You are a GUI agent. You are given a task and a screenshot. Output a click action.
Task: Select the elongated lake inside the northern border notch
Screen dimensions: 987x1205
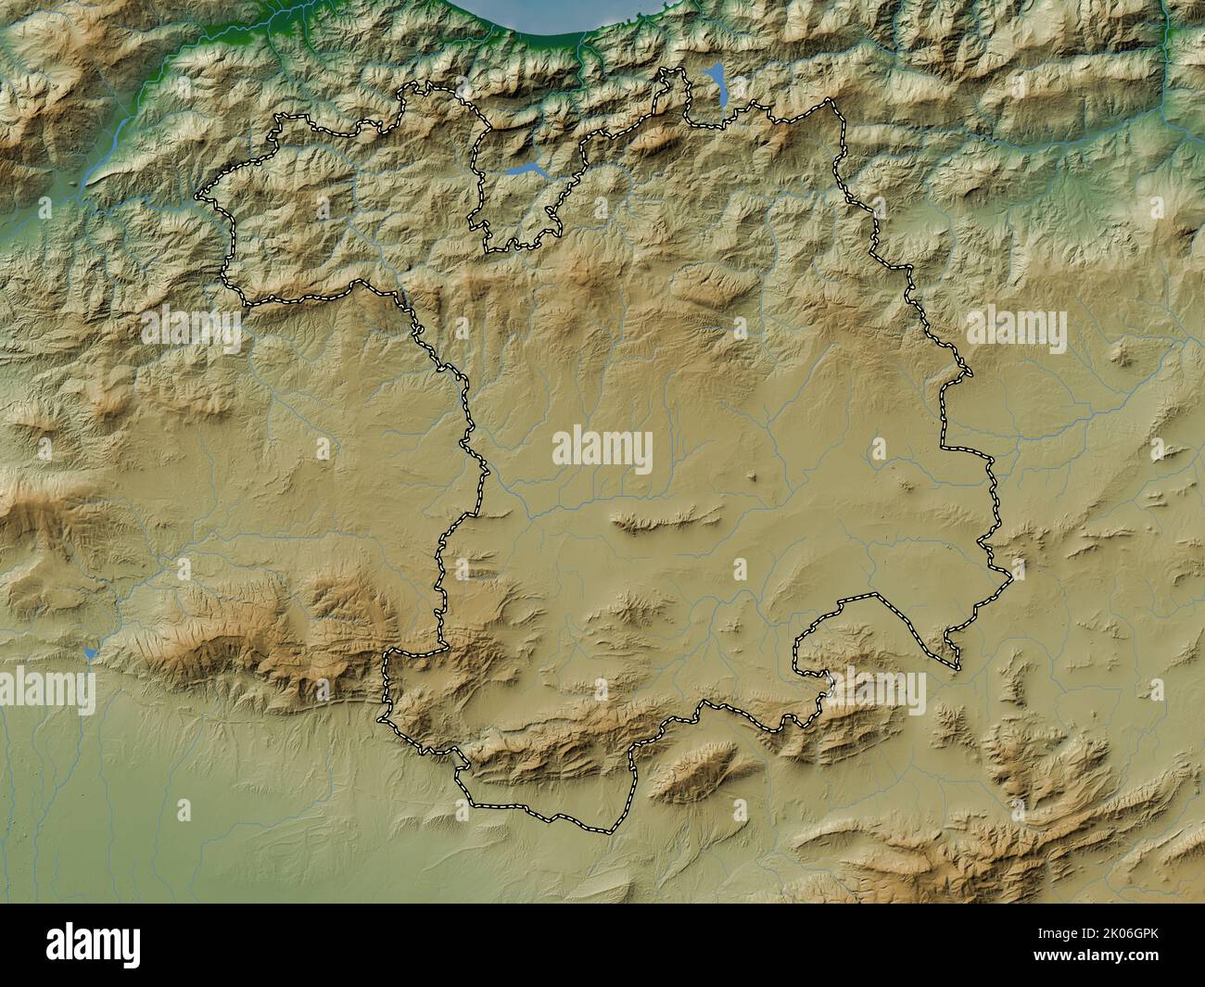point(524,170)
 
